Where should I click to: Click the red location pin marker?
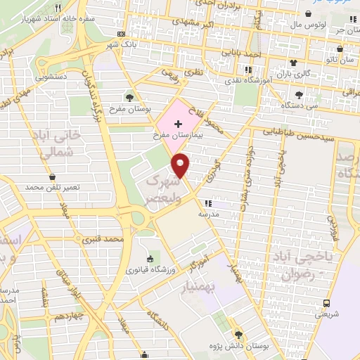[x=181, y=164]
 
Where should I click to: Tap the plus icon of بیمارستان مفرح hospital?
[x=177, y=124]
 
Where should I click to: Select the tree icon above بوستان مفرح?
[x=131, y=97]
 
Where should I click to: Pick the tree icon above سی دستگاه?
[x=300, y=95]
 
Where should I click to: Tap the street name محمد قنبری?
[x=103, y=240]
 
